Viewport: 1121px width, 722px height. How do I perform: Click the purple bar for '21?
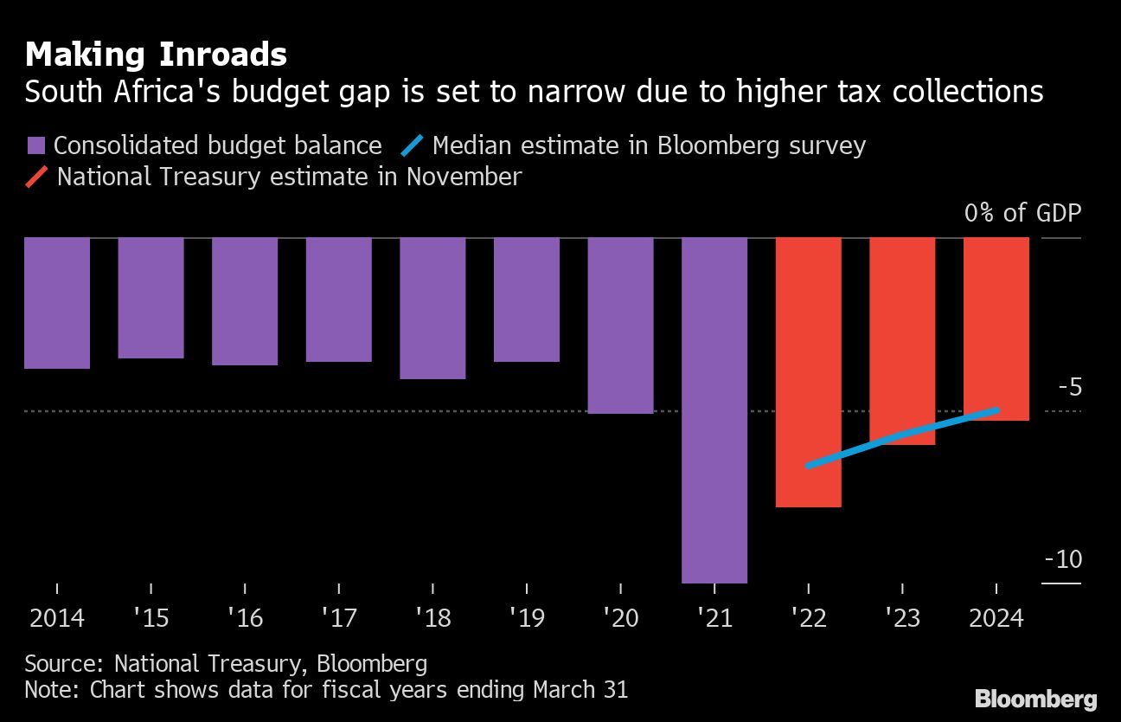pos(714,409)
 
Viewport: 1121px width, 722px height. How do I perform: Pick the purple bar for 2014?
pos(57,303)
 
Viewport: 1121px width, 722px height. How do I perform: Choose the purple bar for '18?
pos(432,308)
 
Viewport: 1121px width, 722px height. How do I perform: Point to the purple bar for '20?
pos(620,326)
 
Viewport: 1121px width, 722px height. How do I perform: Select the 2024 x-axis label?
pos(996,618)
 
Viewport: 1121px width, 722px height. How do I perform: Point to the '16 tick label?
pos(245,618)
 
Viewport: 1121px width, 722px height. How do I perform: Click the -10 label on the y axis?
pos(1063,559)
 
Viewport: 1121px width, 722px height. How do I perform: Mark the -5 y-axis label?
pos(1070,387)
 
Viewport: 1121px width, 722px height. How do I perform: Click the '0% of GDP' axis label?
pos(1022,213)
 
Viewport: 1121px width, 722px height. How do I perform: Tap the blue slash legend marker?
pos(413,146)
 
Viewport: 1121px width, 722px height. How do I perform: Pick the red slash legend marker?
pos(37,177)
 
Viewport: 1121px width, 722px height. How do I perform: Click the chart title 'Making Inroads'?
pos(156,55)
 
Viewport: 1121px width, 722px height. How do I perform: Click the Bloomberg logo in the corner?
pos(1035,699)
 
